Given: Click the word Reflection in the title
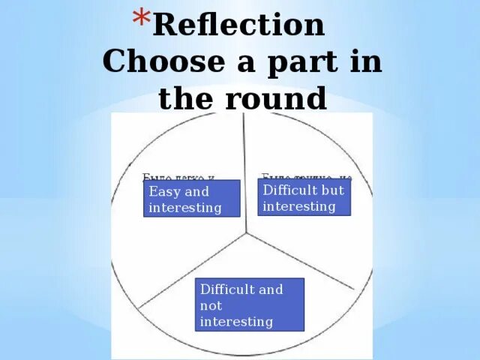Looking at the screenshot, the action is click(238, 25).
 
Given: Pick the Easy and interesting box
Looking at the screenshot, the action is click(191, 199).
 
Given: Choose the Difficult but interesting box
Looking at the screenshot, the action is click(304, 197).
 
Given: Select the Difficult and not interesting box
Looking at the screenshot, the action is click(250, 304).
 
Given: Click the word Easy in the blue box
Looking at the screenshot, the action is click(164, 191).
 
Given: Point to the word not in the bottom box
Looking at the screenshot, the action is click(210, 306).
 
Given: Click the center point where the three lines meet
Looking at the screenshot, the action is click(245, 232).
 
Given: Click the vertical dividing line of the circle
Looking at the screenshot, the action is click(244, 172).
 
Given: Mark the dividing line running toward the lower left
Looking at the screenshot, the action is click(191, 271).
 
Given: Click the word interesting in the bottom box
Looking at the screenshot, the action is click(236, 322).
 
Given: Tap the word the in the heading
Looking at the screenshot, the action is click(184, 98).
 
